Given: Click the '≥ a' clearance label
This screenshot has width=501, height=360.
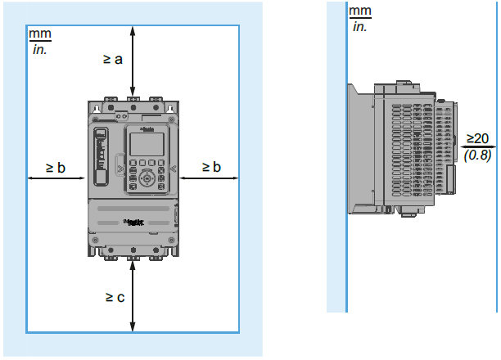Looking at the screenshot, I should (113, 60).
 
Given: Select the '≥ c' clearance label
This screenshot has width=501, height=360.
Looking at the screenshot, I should (115, 297).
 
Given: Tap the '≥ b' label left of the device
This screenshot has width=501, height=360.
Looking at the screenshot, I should (56, 167).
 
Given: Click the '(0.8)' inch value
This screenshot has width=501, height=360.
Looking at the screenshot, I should (477, 153).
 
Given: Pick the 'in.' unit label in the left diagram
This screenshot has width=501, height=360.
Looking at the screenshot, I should (38, 49).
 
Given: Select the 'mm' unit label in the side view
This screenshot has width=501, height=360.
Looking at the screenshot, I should (359, 11).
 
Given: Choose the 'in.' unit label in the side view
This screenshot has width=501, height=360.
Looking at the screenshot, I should (359, 26).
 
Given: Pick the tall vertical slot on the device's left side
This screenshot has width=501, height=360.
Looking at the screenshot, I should (102, 157).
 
